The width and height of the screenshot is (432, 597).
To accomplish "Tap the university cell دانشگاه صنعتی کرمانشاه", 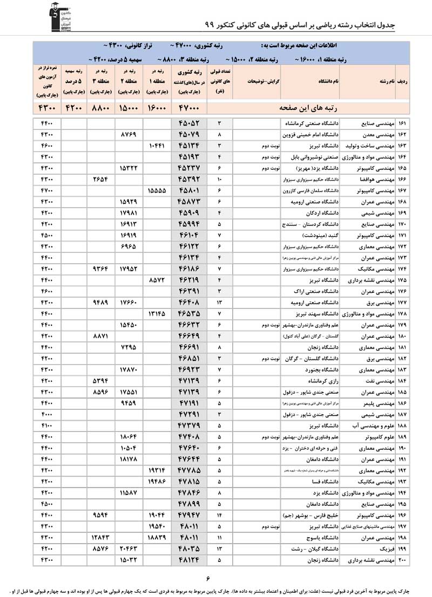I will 313,123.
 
